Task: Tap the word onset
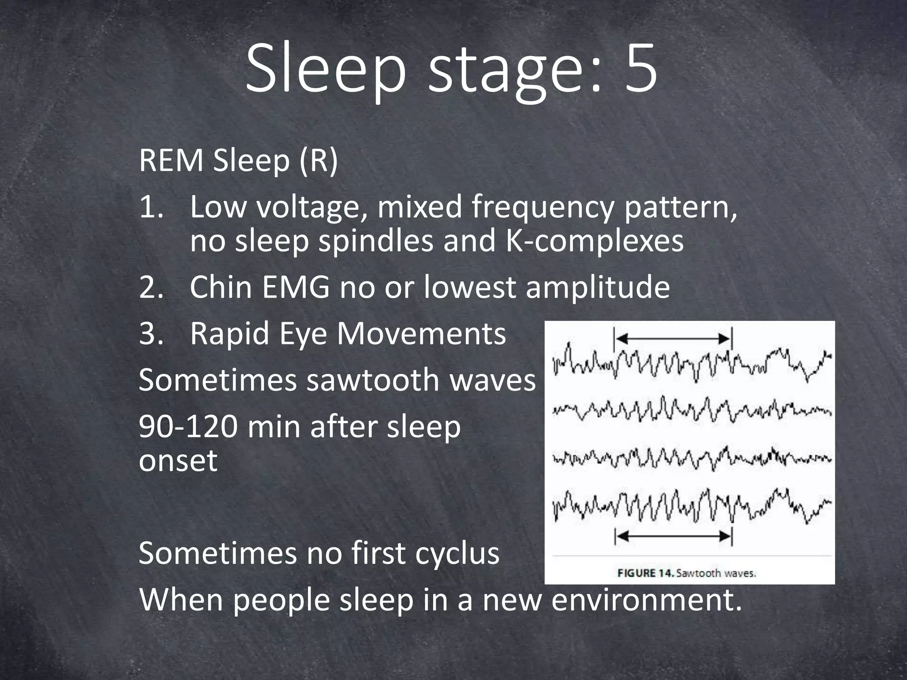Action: [x=178, y=461]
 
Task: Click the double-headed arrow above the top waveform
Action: [x=673, y=339]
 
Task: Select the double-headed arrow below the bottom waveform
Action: [x=673, y=537]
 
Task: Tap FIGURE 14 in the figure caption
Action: [x=646, y=573]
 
